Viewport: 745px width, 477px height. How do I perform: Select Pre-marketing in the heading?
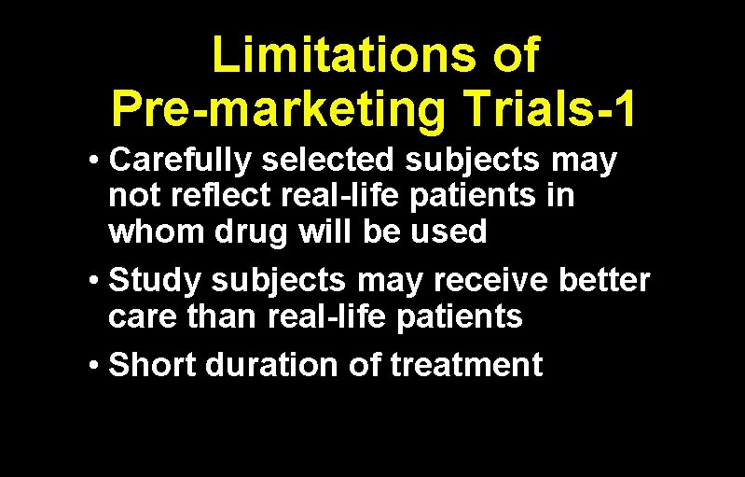coord(277,110)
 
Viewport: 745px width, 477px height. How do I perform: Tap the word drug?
coord(253,231)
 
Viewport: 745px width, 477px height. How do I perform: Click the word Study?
coord(155,281)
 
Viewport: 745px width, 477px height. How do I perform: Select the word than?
coord(225,317)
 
